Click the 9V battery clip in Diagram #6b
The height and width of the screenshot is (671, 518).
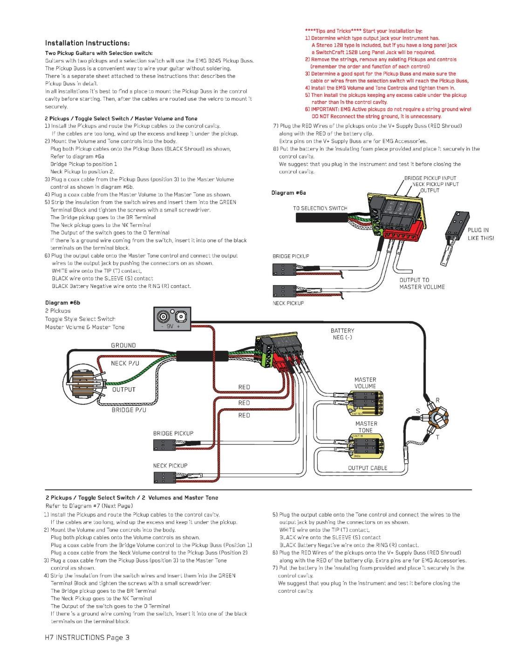[x=172, y=319]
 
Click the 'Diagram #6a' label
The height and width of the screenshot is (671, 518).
[x=288, y=192]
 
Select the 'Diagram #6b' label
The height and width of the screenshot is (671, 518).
[x=62, y=303]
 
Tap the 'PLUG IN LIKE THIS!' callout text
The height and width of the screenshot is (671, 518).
[x=480, y=234]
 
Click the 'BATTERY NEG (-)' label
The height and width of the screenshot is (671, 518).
[x=342, y=334]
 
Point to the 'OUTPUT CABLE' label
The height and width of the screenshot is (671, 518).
[x=368, y=468]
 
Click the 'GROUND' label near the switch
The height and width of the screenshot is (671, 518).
[x=123, y=345]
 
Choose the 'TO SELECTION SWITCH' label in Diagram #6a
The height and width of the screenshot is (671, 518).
[x=320, y=208]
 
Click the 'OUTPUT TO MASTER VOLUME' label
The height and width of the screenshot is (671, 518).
[x=422, y=283]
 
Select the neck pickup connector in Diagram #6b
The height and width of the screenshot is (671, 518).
[x=164, y=477]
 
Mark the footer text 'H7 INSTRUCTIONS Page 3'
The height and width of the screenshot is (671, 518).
[x=87, y=637]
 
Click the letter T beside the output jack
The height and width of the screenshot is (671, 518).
[x=437, y=437]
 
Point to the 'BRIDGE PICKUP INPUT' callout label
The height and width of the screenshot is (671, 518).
[x=430, y=178]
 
